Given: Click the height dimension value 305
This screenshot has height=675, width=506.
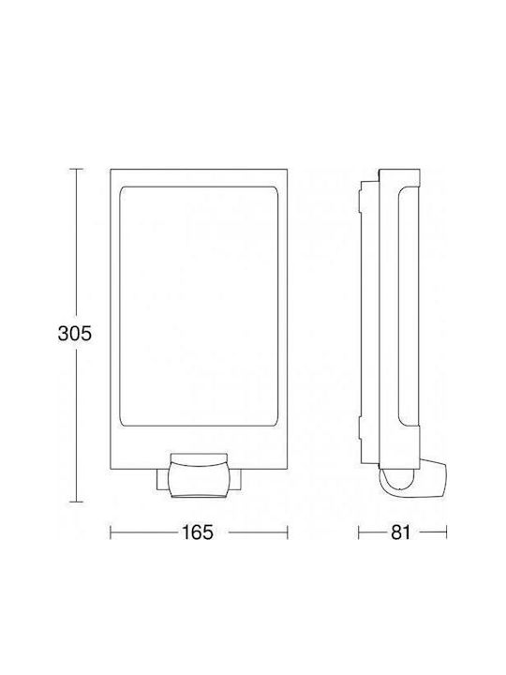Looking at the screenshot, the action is (x=75, y=334).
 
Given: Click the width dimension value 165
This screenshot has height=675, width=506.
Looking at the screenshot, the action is (x=198, y=532).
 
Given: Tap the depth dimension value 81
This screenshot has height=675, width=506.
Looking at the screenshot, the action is (x=401, y=532).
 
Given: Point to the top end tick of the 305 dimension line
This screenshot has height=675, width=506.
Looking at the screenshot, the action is (x=76, y=169).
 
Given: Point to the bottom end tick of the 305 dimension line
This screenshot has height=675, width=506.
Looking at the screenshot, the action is (x=76, y=502).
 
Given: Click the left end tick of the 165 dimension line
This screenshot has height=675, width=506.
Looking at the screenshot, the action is (x=111, y=532).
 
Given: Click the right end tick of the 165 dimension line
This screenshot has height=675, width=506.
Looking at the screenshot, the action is (x=287, y=532).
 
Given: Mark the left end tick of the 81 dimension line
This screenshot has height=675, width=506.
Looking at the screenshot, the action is (x=359, y=532).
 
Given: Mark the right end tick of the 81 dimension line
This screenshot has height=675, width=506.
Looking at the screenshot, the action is (x=446, y=532).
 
